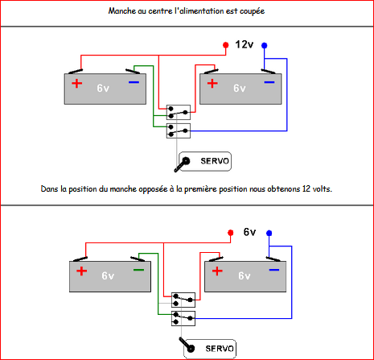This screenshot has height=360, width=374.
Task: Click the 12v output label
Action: pos(245,44)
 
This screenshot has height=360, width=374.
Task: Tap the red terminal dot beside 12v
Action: pos(226,45)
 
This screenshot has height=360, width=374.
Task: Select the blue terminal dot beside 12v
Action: pos(265,45)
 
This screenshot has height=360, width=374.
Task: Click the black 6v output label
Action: pos(249,232)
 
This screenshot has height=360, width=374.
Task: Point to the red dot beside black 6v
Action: pos(230,233)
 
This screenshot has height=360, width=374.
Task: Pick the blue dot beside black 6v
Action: pos(269,233)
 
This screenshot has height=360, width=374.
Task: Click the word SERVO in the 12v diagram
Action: pos(215,161)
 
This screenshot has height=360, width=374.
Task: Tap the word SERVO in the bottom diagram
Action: pos(220,349)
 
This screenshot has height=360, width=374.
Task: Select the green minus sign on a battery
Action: pos(138,270)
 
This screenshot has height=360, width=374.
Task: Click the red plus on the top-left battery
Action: pos(77,84)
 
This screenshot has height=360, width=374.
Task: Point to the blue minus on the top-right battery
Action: pos(269,82)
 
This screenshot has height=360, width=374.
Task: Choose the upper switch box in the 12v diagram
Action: pos(179,112)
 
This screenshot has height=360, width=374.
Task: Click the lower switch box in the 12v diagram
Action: pos(179,130)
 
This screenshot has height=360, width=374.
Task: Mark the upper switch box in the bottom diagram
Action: pos(183,300)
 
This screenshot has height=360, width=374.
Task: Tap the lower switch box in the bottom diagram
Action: pos(183,318)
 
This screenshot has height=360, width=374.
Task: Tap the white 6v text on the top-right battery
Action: pos(239,88)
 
